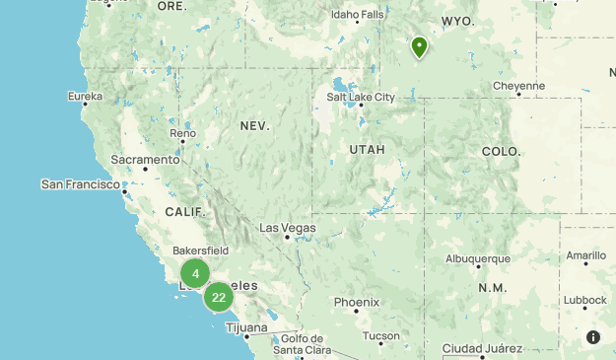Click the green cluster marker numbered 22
219,296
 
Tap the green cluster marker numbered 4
195,274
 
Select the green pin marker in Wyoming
419,46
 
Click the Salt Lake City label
361,97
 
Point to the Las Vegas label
287,228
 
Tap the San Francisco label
80,184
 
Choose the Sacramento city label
145,160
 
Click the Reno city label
182,133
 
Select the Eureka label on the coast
85,96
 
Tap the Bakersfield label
200,251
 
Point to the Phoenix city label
356,302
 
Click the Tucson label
380,335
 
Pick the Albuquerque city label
478,258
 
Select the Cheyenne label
518,86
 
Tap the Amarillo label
585,255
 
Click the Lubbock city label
586,300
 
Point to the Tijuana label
245,326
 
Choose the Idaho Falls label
357,15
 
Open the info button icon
593,337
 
